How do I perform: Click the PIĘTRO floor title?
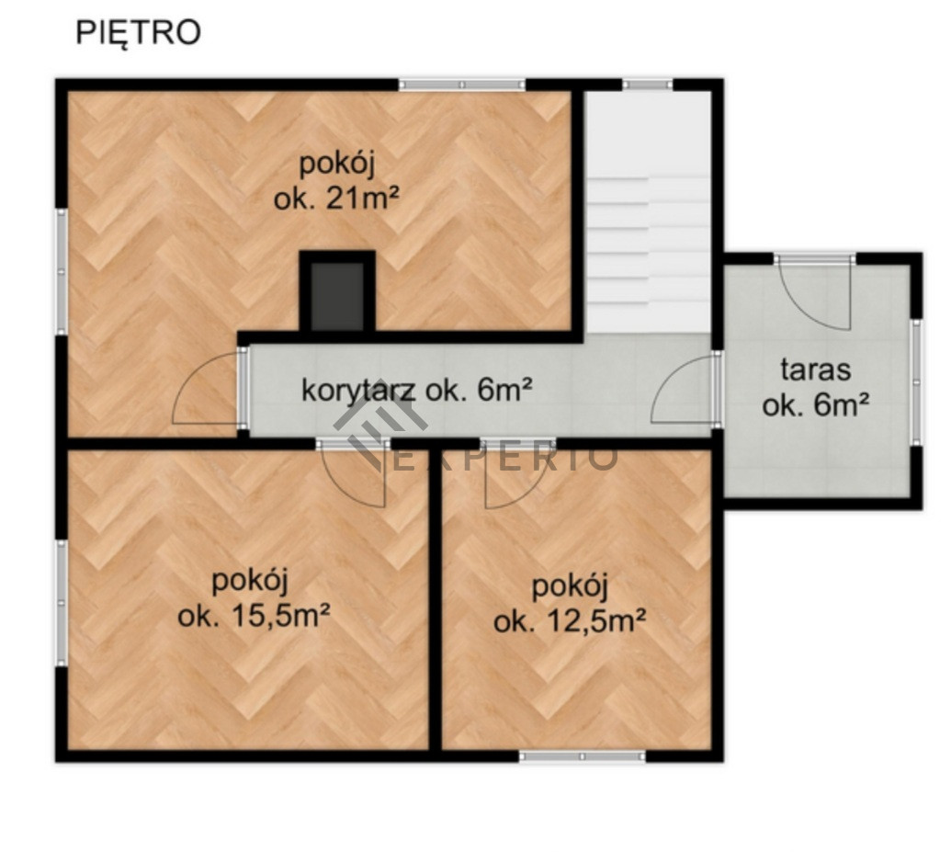(138, 33)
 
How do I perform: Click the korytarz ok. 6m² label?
(416, 391)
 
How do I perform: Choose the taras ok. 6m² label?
(816, 388)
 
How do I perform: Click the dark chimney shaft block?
(337, 294)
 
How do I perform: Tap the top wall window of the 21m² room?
(462, 85)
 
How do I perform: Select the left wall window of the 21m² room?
(62, 270)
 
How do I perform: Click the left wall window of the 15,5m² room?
(62, 603)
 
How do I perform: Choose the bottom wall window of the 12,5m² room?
(583, 756)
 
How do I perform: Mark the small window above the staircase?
(648, 85)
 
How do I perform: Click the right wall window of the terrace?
(916, 383)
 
